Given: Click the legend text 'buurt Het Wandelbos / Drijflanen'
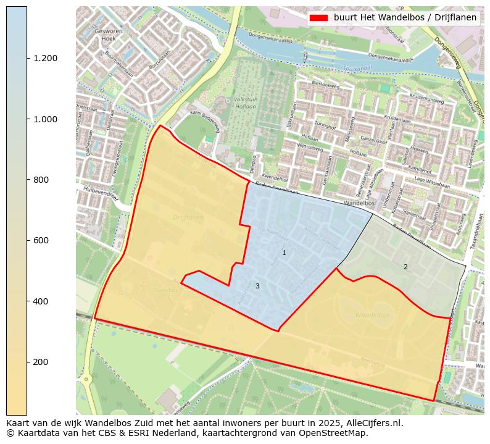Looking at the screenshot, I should [x=405, y=18].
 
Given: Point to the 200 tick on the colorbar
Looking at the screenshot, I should [x=27, y=362].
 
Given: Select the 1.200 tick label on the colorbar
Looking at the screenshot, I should [x=46, y=59].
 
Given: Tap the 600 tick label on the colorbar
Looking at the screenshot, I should [x=41, y=240].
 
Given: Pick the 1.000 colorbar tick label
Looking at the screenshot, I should [x=46, y=119].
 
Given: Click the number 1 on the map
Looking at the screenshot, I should [x=284, y=253].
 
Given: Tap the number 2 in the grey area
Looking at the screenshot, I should [x=405, y=267].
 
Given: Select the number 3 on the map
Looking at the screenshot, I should [x=257, y=287].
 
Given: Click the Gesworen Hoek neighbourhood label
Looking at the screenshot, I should [x=105, y=34].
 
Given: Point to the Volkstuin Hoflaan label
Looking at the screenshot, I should [x=246, y=102].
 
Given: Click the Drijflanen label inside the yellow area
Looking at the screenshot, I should [x=188, y=217].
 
